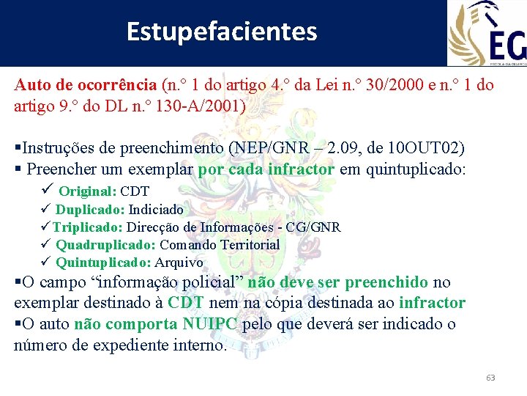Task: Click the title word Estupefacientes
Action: point(222,32)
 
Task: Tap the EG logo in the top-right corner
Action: point(487,33)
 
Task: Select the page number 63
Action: point(490,378)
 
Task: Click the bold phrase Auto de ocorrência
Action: point(86,84)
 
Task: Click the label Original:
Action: point(87,191)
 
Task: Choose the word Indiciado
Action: point(156,210)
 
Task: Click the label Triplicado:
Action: point(87,227)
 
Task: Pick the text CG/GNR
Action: point(313,227)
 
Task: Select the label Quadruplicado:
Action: point(106,245)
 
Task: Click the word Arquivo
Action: point(179,263)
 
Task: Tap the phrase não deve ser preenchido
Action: point(338,282)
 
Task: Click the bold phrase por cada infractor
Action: point(266,169)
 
